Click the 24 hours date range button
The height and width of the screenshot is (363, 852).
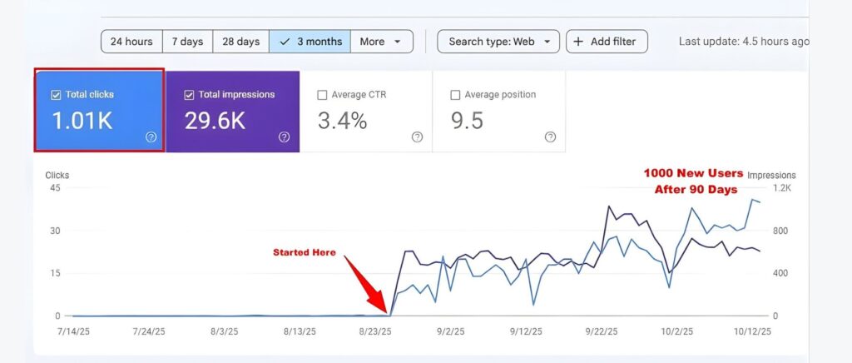pos(131,42)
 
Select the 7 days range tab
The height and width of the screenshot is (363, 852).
pos(187,42)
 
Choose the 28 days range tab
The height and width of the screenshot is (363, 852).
pos(241,42)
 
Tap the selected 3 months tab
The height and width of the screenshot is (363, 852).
pos(310,42)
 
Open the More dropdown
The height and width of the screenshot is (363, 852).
pos(381,42)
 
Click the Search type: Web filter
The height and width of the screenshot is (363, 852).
pos(498,42)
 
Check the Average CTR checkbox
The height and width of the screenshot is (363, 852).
pos(323,95)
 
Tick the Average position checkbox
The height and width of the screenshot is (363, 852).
pos(455,95)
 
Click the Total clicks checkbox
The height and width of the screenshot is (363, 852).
pos(57,95)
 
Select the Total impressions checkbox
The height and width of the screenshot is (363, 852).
pos(189,95)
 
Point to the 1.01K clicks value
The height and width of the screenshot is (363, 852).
pos(82,122)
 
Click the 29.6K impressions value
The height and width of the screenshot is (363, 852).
pos(215,122)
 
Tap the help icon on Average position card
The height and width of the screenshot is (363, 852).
pos(550,137)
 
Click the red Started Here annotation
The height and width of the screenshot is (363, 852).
pos(305,252)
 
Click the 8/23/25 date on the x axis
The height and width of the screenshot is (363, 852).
pos(375,331)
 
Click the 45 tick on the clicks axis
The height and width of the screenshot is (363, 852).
pos(55,188)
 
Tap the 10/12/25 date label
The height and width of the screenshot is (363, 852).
pos(753,331)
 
